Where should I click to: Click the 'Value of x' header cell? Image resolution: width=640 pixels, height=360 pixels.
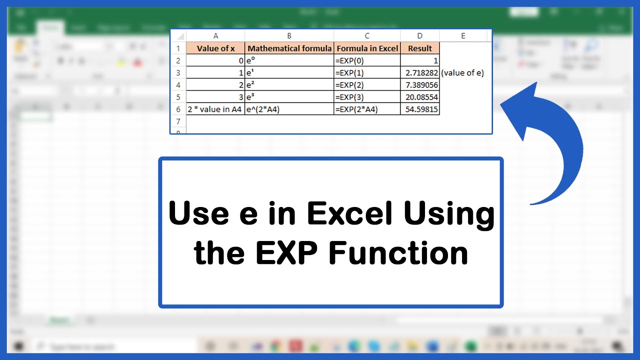(215, 48)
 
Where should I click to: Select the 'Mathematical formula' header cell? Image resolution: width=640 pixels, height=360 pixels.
(289, 48)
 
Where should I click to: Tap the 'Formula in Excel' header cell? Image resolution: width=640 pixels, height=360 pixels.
(367, 48)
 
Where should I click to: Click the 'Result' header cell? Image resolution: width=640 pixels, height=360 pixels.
(420, 48)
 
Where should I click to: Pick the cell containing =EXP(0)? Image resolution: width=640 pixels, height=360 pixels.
(367, 60)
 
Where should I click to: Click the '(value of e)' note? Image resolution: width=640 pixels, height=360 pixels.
(462, 73)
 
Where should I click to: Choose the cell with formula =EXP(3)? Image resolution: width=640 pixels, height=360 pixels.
(367, 97)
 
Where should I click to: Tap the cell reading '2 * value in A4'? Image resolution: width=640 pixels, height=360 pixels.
(215, 109)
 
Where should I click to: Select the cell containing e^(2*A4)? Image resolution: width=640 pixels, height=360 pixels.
(289, 109)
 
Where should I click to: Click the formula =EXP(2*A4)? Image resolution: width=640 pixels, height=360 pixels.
(367, 109)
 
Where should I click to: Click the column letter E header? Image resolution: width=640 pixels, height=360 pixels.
(463, 36)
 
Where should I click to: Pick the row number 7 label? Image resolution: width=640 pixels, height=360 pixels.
(178, 121)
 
